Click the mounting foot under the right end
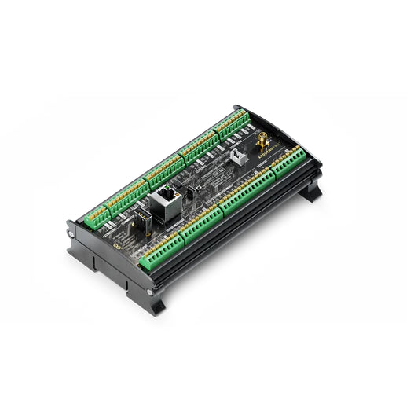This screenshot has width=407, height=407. pyautogui.click(x=310, y=192)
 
